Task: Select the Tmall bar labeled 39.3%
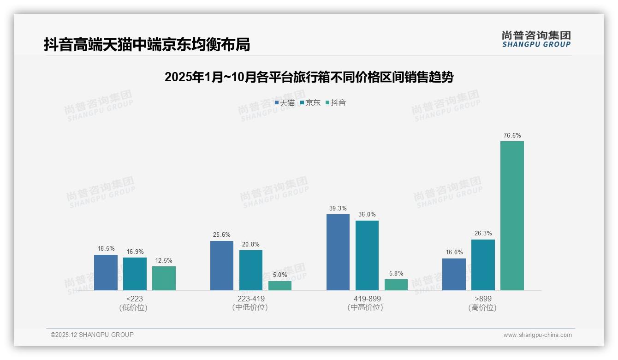click(338, 252)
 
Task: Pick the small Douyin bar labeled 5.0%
click(280, 285)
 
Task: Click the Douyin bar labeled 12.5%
click(164, 278)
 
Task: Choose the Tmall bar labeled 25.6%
click(221, 265)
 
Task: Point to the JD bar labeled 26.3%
click(483, 264)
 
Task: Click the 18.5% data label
click(106, 249)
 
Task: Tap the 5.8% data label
click(396, 273)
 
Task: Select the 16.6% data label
click(454, 252)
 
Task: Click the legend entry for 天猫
click(285, 102)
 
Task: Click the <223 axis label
click(135, 299)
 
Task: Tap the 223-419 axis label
click(251, 299)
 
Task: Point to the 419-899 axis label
click(367, 299)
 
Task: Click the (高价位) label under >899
click(483, 307)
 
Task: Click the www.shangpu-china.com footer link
click(537, 335)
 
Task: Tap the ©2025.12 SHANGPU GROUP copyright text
click(92, 335)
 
